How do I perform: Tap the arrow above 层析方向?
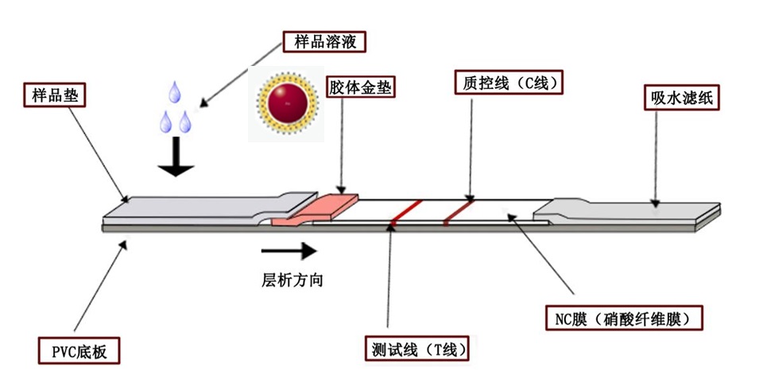click(x=288, y=252)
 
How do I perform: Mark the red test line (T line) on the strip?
click(x=404, y=211)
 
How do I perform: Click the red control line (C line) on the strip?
click(x=458, y=210)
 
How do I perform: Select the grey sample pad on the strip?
click(x=191, y=207)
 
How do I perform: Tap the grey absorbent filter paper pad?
click(x=628, y=210)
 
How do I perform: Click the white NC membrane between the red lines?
click(x=429, y=211)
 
